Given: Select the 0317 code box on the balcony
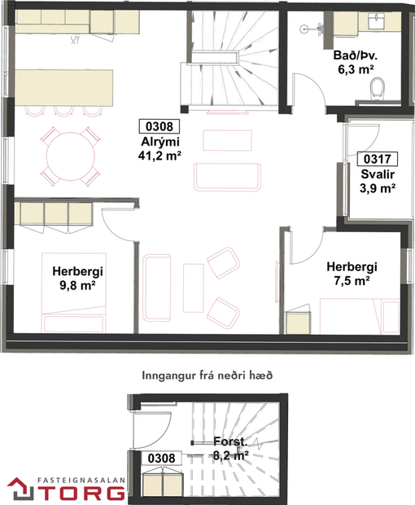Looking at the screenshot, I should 376,159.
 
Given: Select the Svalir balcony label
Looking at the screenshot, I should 377,173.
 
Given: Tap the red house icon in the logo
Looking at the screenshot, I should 19,486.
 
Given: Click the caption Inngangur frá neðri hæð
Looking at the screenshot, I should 207,375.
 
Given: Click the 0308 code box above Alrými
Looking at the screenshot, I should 159,125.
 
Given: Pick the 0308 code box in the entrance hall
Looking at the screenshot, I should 162,458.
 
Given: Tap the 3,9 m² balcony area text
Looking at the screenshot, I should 377,187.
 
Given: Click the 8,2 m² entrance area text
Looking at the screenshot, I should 230,456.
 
